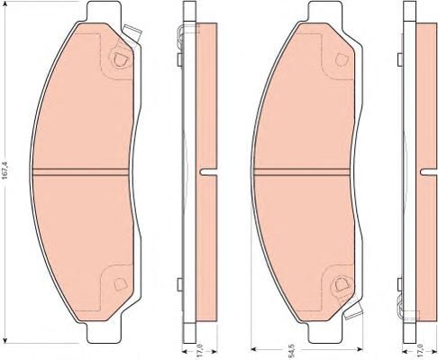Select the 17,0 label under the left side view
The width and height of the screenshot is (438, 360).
pos(200,352)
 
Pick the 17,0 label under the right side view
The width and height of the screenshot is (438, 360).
pos(421,353)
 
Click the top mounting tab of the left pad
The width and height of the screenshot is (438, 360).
pos(105,12)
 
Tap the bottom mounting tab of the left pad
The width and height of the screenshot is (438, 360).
pos(105,333)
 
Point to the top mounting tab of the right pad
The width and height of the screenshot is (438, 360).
pos(325,12)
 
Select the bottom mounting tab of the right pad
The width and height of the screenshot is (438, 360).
pos(325,333)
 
